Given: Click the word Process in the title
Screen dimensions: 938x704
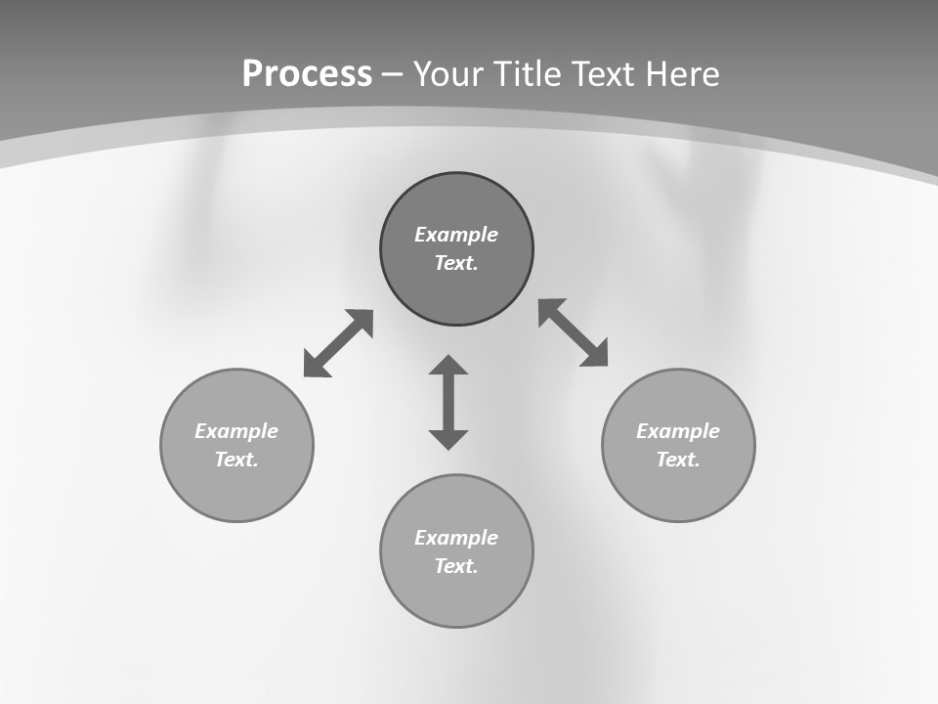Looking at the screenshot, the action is pos(307,74).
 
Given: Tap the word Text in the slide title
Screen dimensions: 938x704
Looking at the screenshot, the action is pos(608,74).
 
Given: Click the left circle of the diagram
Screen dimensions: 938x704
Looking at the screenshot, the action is pos(236,489).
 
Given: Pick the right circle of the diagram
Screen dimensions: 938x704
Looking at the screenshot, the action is pos(678,489).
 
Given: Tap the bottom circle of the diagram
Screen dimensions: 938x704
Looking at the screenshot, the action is pos(456,595).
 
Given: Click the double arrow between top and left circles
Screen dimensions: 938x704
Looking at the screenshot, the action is pos(338,343).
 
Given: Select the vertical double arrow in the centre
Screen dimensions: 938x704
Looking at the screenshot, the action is pos(448,402).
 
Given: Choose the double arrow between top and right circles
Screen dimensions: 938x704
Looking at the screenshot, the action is pos(574,332).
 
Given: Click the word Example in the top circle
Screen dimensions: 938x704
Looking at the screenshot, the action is pos(456,235).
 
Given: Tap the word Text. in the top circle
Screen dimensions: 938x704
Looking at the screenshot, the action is pos(456,263).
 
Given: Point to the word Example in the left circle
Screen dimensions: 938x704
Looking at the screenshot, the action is pos(236,431).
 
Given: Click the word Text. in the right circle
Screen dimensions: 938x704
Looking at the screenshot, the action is pos(678,460).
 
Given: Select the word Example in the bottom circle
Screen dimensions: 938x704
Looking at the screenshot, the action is pos(456,538).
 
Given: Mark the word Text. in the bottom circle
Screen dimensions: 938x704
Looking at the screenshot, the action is pos(456,566).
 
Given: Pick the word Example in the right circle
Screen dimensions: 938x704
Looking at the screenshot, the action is pos(678,431).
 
